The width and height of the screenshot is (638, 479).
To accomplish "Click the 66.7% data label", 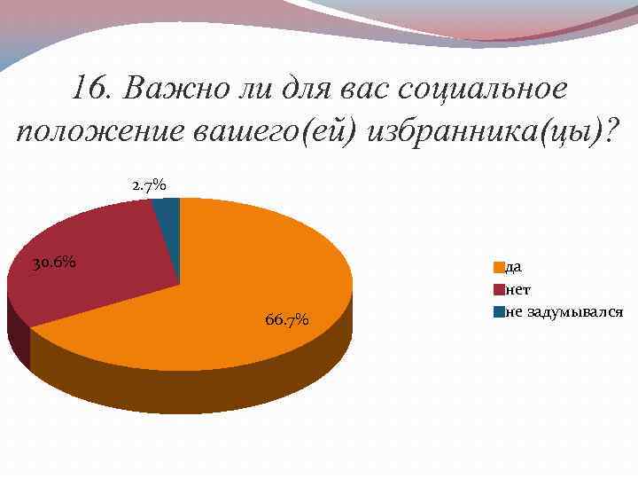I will [286, 319].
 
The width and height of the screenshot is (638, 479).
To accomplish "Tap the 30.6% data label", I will [53, 263].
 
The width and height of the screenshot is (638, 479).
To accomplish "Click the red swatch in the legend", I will [500, 289].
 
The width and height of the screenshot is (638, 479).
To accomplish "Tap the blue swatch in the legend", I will [500, 312].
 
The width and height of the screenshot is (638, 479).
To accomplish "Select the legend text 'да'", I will [513, 266].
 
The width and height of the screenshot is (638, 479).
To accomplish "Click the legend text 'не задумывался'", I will [564, 312].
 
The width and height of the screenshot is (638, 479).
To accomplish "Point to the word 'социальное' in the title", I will [483, 90].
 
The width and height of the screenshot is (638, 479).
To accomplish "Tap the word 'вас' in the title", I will [363, 90].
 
